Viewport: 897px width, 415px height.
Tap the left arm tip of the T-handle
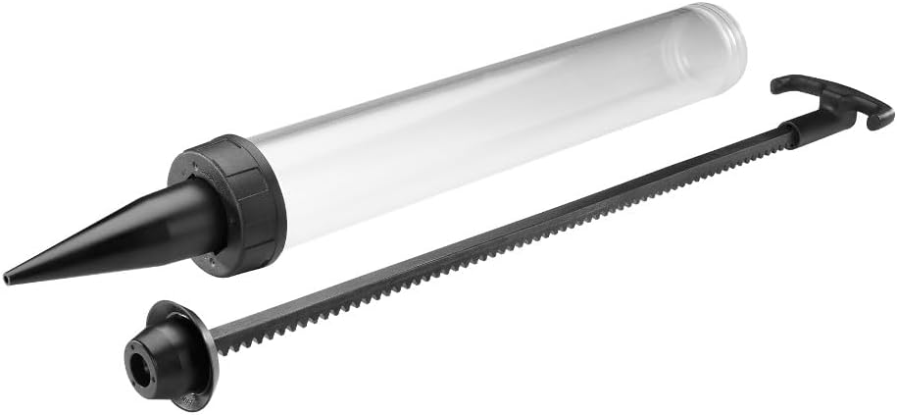coord(779,85)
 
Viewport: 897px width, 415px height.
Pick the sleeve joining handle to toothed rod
coord(799,128)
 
